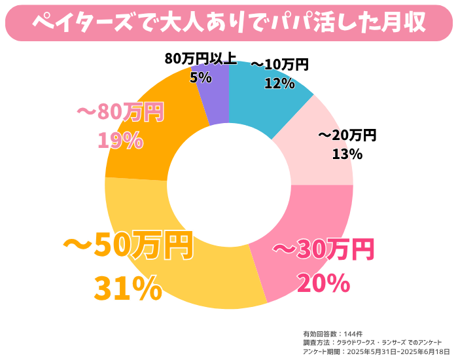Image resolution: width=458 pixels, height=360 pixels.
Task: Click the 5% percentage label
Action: (200, 77)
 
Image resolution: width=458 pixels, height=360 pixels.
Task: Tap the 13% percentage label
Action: (347, 154)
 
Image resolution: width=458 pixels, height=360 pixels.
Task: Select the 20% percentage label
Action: (323, 283)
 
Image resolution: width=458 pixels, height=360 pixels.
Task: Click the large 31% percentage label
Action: (128, 288)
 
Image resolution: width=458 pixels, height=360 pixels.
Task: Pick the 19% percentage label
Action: (120, 140)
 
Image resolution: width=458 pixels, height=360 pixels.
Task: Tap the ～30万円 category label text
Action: (323, 249)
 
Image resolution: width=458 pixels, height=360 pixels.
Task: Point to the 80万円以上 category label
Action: (200, 59)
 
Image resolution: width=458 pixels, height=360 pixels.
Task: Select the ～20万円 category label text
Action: (347, 135)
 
